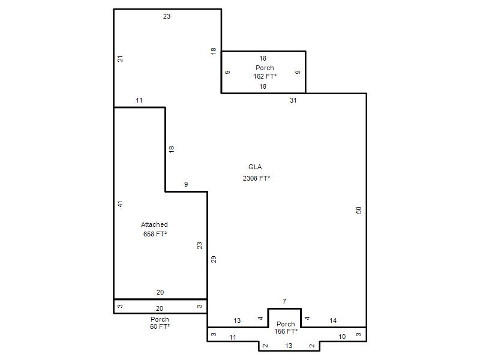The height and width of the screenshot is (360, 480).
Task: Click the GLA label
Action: click(x=255, y=167)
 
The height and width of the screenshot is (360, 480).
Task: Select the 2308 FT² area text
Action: click(x=256, y=178)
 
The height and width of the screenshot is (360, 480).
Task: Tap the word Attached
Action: click(x=154, y=224)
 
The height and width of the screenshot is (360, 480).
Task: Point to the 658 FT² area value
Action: click(x=155, y=234)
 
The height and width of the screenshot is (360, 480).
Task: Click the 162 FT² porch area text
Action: click(x=265, y=76)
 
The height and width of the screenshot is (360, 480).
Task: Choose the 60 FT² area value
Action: click(x=160, y=326)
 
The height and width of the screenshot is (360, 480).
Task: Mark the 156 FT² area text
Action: click(x=286, y=331)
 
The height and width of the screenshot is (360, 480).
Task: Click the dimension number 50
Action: click(x=359, y=210)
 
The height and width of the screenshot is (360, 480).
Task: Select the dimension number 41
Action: click(x=121, y=204)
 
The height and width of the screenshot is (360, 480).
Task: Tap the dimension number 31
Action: click(x=293, y=100)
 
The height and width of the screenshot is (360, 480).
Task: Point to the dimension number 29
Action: click(x=214, y=259)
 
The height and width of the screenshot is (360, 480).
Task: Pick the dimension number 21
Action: click(x=121, y=58)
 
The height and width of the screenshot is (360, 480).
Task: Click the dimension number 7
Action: click(x=284, y=301)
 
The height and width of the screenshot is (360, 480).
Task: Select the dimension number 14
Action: click(x=333, y=320)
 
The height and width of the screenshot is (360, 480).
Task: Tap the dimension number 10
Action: click(x=342, y=337)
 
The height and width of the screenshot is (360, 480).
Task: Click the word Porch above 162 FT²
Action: click(x=265, y=68)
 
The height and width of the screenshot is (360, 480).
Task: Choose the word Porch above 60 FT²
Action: click(x=160, y=319)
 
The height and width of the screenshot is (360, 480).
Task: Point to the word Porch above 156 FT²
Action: click(x=286, y=324)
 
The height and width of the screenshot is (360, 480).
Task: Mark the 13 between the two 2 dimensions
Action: click(x=289, y=346)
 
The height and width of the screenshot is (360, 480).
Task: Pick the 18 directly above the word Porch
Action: click(x=263, y=58)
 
